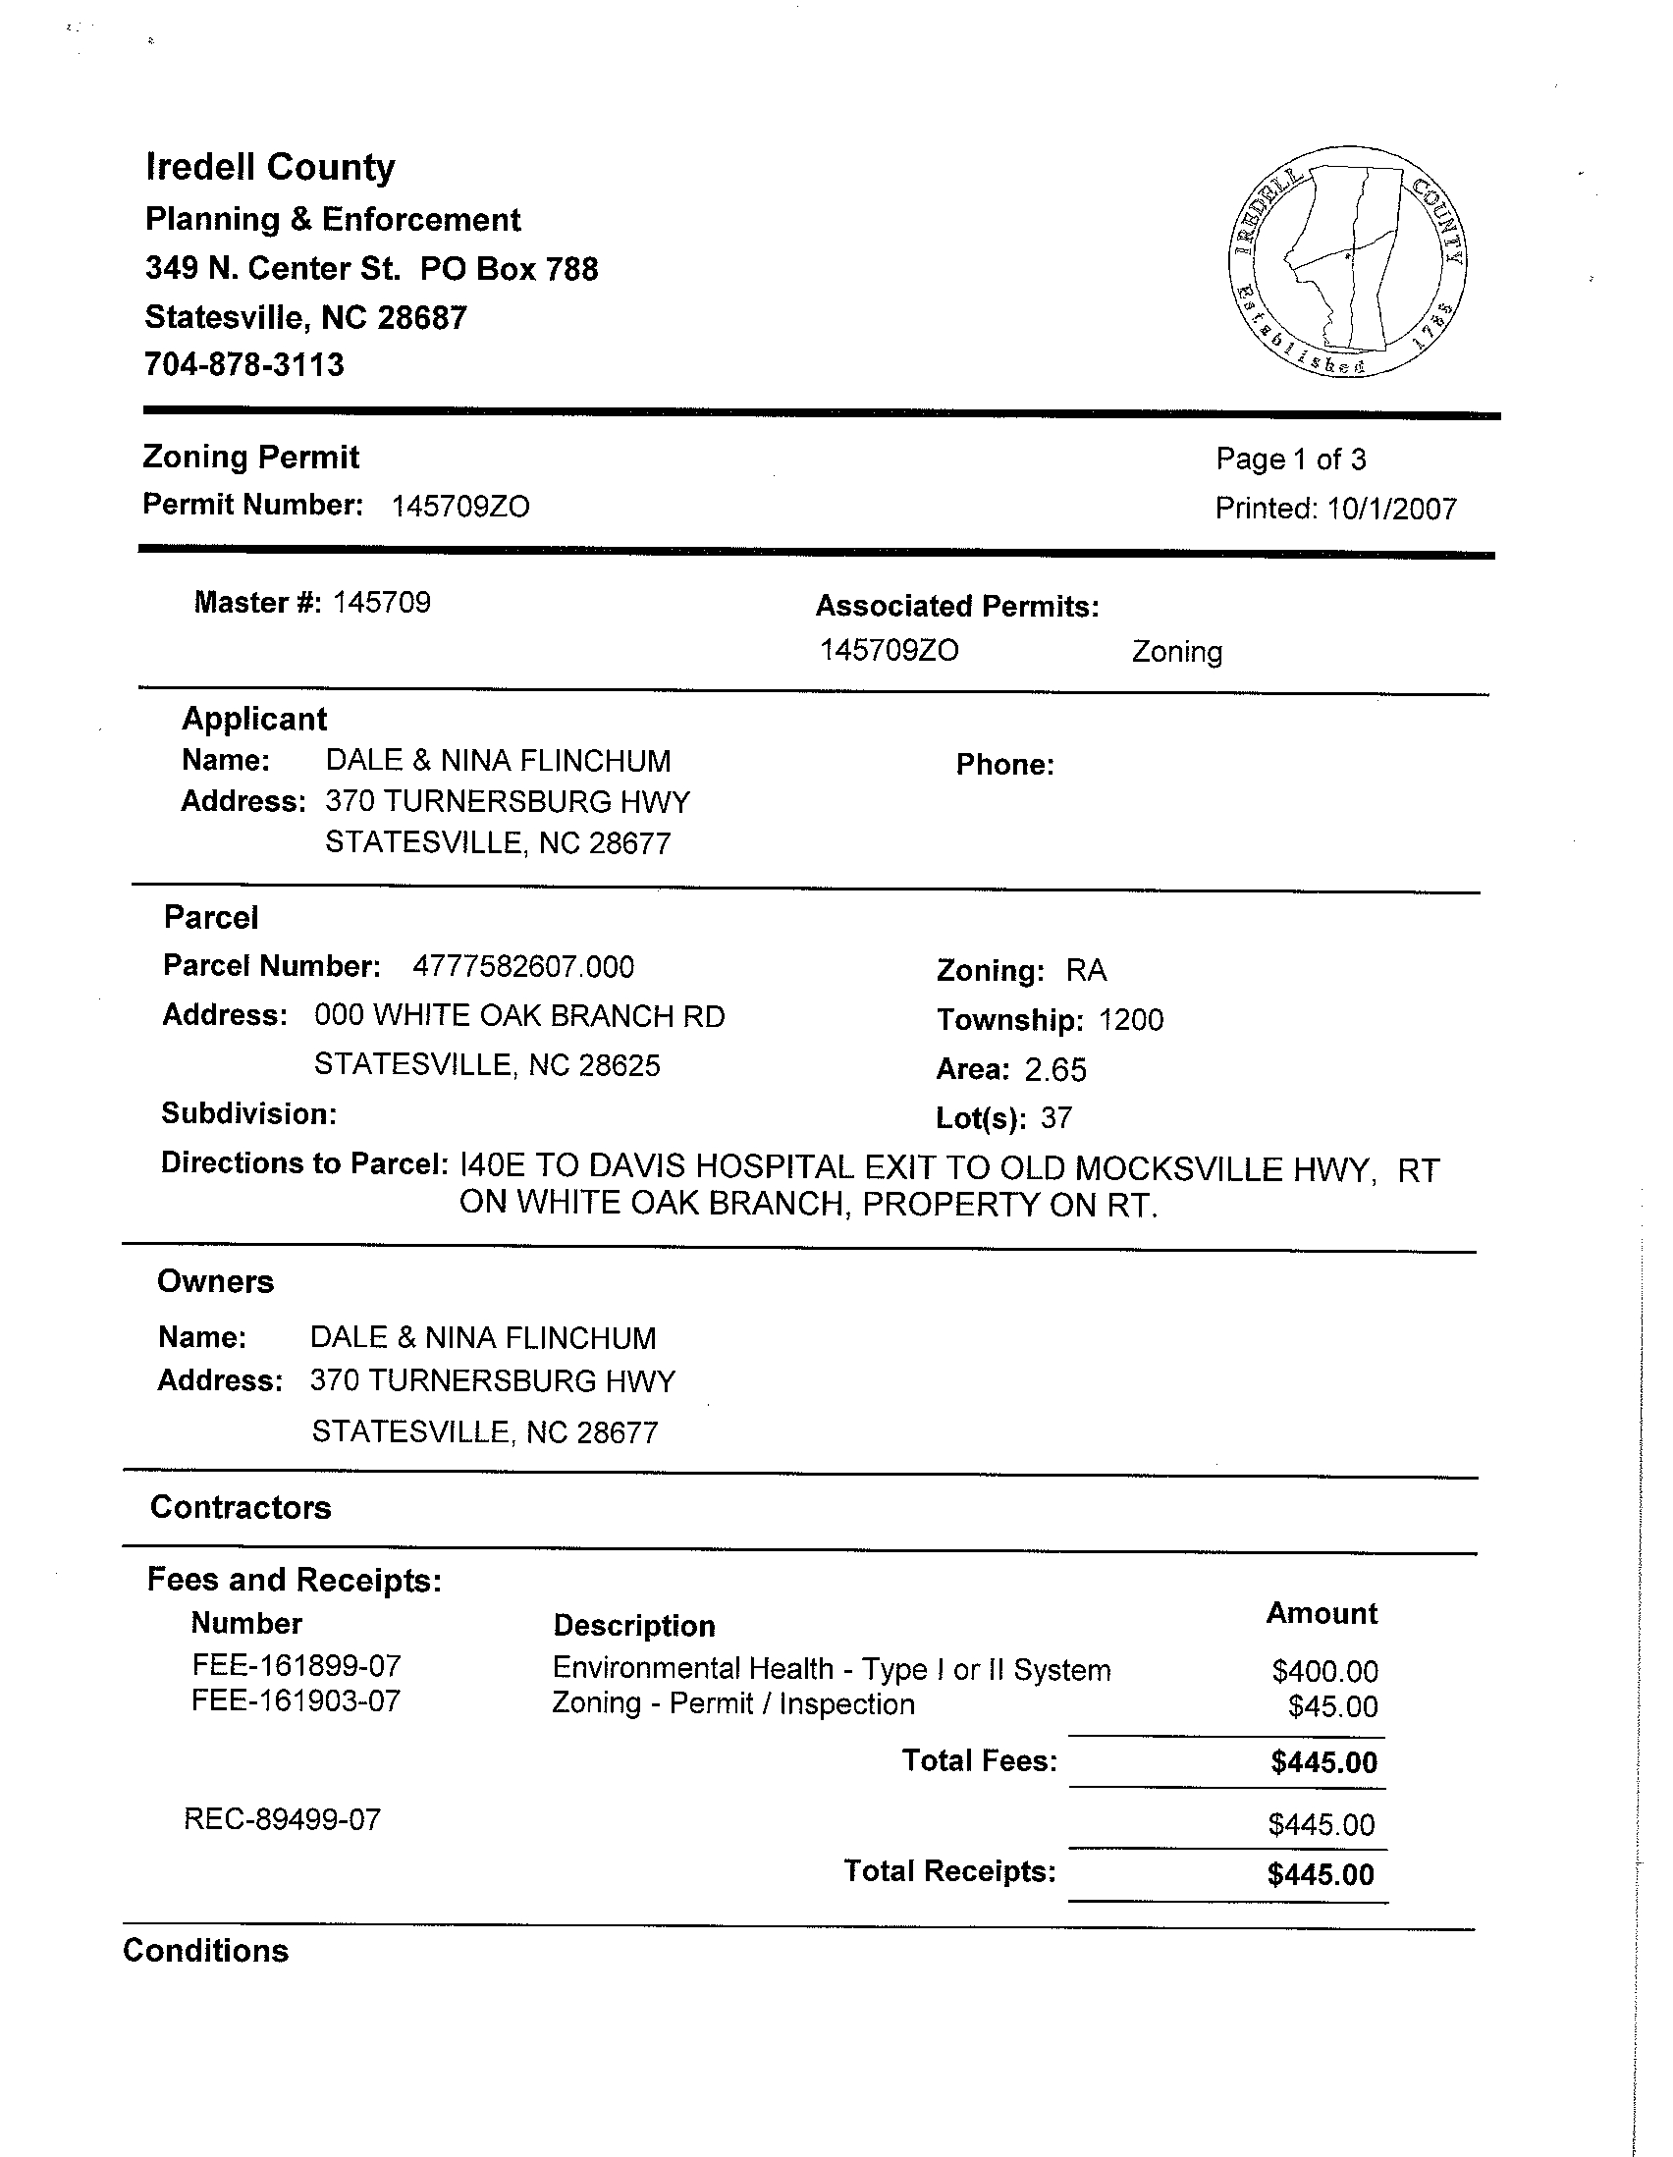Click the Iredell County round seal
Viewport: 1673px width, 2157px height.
[x=1348, y=261]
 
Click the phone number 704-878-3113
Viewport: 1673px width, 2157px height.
[x=243, y=364]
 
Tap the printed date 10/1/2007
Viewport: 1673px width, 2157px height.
[x=1391, y=509]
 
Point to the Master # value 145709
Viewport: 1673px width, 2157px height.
[x=381, y=603]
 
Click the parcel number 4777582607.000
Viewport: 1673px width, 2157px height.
[x=522, y=966]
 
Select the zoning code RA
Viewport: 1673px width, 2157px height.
[x=1085, y=971]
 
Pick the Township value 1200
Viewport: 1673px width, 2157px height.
[x=1131, y=1019]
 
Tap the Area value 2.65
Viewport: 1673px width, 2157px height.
[x=1054, y=1069]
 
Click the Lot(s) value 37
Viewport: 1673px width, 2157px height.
[x=1055, y=1118]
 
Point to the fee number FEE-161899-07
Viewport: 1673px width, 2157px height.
[x=297, y=1666]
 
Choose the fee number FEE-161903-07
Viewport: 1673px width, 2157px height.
[x=297, y=1700]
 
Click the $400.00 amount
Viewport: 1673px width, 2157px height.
[x=1324, y=1671]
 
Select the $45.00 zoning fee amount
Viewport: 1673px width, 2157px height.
[x=1332, y=1706]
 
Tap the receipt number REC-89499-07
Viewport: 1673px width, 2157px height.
[x=283, y=1819]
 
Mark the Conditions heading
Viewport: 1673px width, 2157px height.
[x=205, y=1951]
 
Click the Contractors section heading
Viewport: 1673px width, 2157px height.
[x=240, y=1507]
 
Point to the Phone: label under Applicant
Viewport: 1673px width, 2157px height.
[x=1004, y=765]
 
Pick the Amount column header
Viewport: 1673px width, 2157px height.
[x=1322, y=1613]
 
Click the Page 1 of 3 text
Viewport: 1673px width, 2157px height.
[x=1290, y=459]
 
